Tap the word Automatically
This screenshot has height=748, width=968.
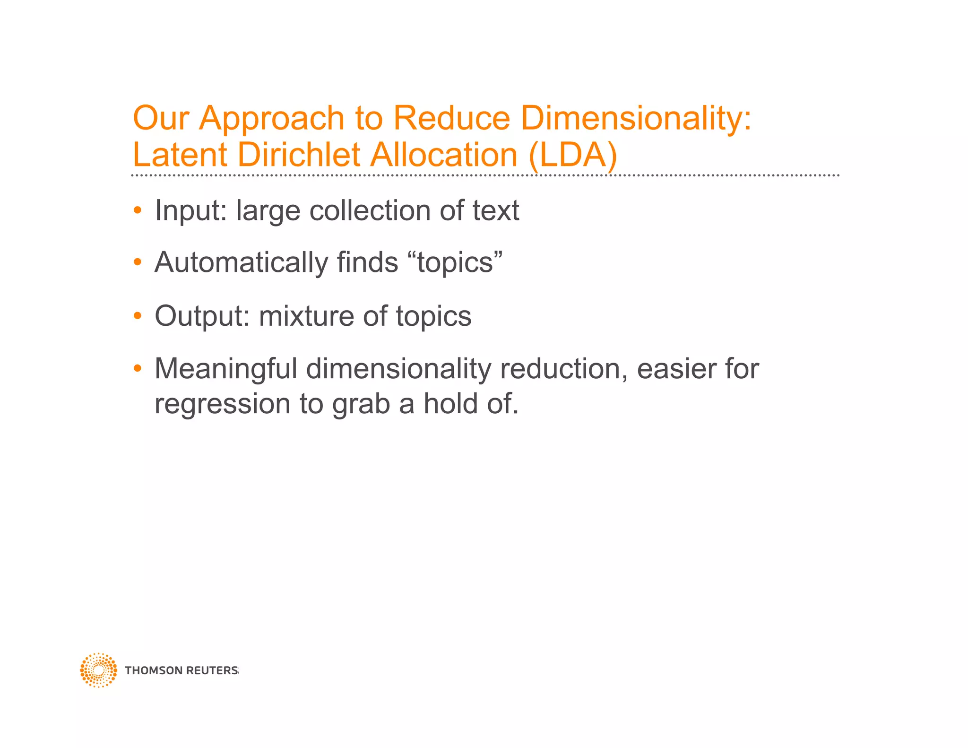tap(241, 263)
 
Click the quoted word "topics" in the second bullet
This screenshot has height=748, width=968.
tap(458, 263)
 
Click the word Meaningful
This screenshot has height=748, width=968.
tap(226, 369)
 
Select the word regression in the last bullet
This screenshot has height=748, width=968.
tap(222, 405)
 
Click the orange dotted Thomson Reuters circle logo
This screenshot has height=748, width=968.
tap(98, 670)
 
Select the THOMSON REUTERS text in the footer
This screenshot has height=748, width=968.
tap(181, 670)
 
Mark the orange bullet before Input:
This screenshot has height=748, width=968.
tap(138, 210)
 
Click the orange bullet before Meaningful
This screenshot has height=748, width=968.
tap(138, 368)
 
